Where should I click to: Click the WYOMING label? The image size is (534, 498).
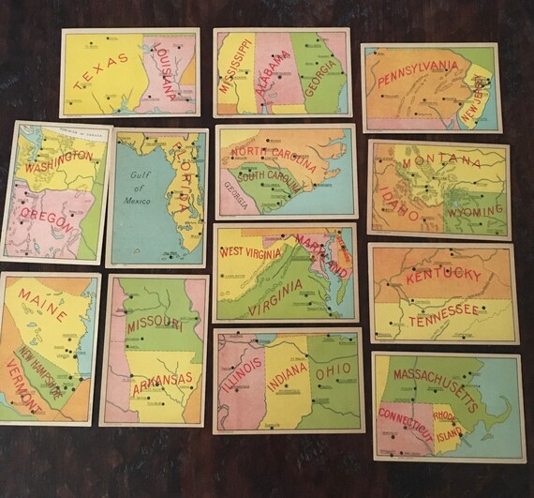474,211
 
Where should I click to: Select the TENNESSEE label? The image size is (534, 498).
443,310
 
